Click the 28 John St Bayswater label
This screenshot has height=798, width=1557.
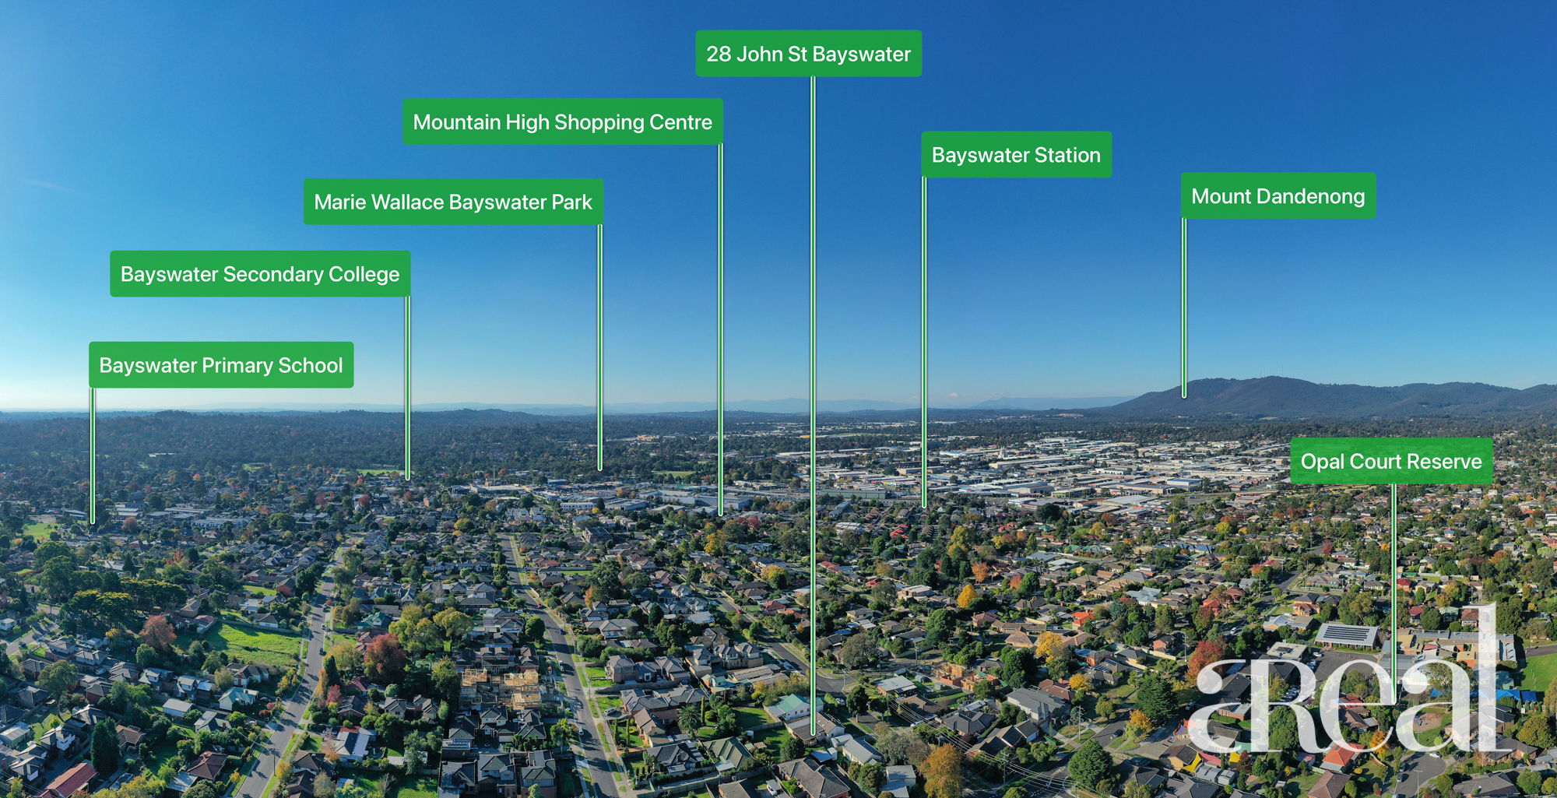pos(808,54)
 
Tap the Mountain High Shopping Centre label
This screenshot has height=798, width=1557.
pos(563,121)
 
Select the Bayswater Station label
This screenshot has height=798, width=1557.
pos(1016,154)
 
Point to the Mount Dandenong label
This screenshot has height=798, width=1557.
pos(1278,195)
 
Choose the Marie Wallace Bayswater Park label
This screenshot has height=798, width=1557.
pos(453,202)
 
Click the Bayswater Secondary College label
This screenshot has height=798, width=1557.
pos(260,273)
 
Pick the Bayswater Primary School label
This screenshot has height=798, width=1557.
pos(221,364)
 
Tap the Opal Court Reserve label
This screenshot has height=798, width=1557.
pos(1391,461)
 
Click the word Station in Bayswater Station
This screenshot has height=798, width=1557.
pos(1067,155)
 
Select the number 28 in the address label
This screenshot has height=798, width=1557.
pos(719,54)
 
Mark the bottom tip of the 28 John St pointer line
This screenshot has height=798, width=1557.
pos(813,734)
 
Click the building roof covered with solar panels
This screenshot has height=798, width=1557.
pos(1347,635)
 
